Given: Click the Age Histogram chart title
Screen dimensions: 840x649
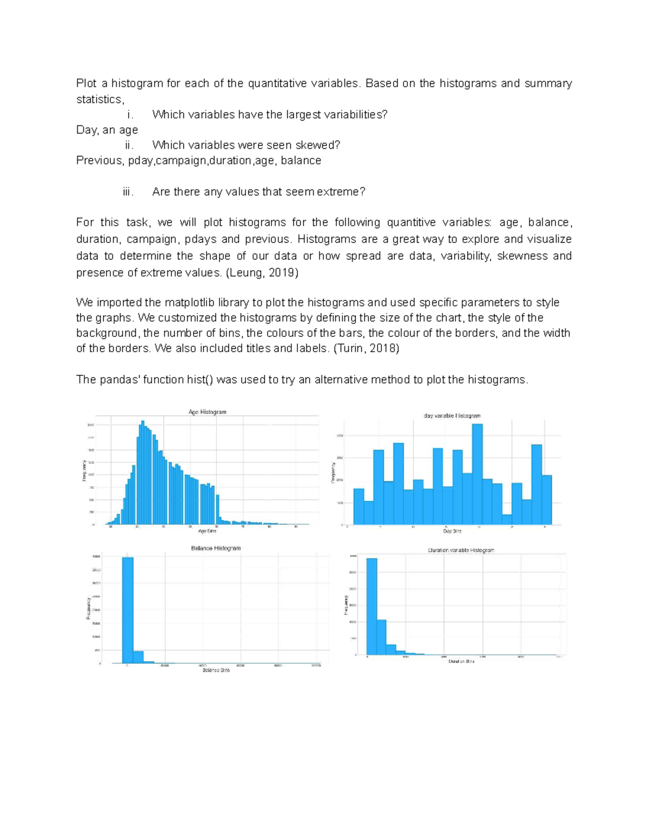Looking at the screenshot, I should (207, 412).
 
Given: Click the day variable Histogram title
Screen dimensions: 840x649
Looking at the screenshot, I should (452, 415).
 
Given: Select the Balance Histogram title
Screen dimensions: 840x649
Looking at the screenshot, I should (216, 548).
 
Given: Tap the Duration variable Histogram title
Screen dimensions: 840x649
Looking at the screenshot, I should (461, 550).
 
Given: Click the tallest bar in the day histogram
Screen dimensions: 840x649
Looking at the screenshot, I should (477, 473).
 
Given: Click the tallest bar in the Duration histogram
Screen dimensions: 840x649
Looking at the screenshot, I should (372, 606).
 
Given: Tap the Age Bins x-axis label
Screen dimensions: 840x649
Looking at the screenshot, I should (207, 531).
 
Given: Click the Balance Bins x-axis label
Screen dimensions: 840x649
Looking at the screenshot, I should (216, 670).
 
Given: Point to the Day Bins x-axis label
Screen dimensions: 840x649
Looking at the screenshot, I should (452, 531).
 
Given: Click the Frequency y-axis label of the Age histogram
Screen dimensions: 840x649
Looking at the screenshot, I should (84, 471).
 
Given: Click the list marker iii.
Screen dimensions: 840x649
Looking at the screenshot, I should (128, 192).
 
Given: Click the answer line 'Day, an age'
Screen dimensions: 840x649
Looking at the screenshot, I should (107, 130).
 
